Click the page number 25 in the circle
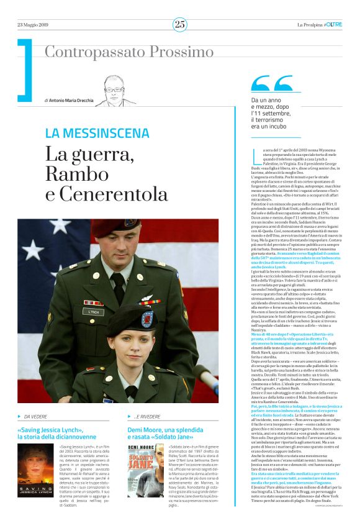180,24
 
